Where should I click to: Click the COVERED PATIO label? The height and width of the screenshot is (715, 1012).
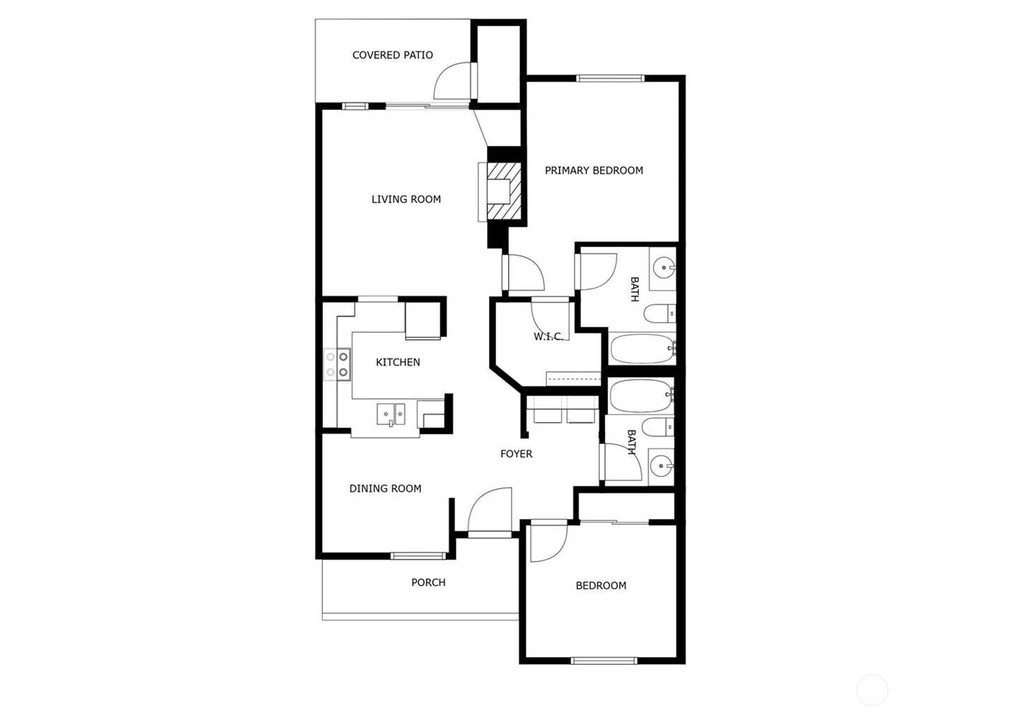click(392, 55)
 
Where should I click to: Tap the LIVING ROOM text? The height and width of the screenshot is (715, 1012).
click(406, 199)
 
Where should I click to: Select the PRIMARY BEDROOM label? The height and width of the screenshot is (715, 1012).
click(594, 170)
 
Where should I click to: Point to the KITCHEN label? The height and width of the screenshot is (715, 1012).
click(398, 362)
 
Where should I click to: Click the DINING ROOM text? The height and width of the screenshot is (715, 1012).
click(385, 488)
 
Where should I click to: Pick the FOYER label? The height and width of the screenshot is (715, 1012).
click(516, 454)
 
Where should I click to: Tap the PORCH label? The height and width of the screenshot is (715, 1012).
click(428, 582)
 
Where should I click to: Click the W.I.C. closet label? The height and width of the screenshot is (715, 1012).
click(548, 336)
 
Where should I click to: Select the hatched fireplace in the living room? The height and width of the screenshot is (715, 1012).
click(504, 191)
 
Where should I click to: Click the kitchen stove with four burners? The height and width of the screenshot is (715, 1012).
click(337, 364)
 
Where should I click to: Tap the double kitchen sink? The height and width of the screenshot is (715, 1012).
click(392, 415)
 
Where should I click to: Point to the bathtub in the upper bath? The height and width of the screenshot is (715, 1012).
click(642, 349)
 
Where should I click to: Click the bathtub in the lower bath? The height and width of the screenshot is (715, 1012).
click(641, 396)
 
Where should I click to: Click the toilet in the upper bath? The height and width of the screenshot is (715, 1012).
click(659, 314)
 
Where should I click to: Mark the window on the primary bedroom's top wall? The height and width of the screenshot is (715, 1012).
click(611, 78)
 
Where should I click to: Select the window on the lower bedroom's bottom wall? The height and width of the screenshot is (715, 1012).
click(604, 661)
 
